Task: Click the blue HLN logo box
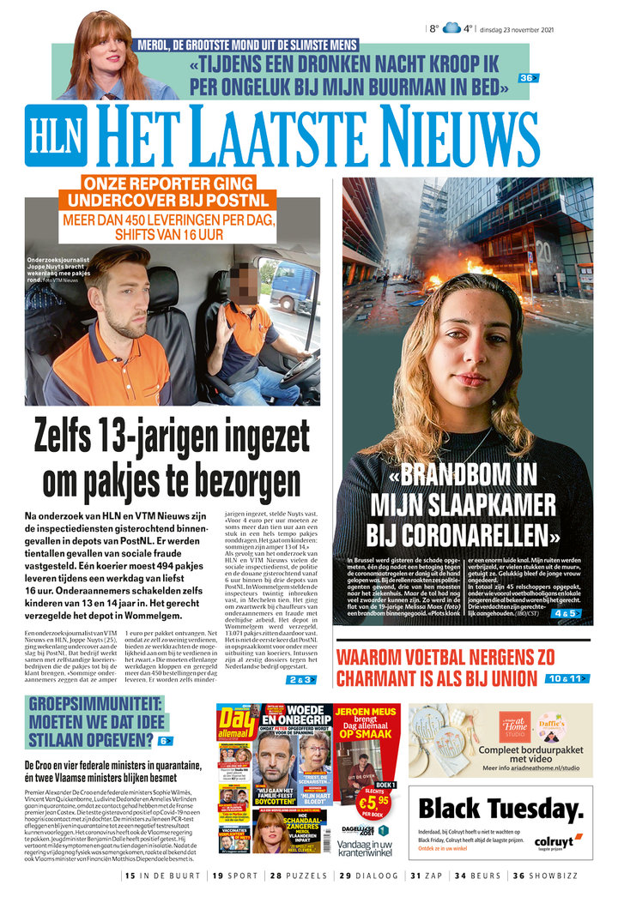[x=56, y=135]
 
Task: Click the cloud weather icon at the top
[x=451, y=28]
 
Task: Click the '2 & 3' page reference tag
[x=301, y=680]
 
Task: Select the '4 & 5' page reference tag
[x=567, y=614]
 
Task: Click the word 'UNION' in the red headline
[x=505, y=679]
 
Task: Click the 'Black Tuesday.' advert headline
[x=500, y=808]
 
